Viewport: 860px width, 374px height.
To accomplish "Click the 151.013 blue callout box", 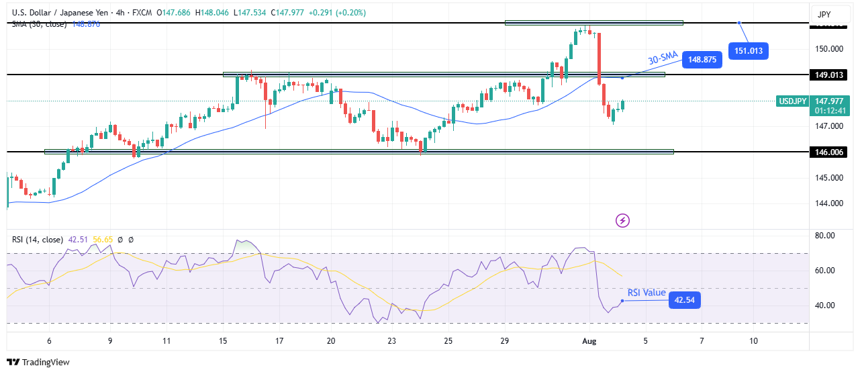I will pos(748,50).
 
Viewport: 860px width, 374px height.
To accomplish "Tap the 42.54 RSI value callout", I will pos(685,300).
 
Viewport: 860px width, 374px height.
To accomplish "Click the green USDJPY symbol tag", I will pos(792,101).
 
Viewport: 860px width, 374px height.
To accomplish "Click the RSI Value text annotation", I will pos(647,293).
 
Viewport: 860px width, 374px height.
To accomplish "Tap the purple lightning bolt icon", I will pos(622,220).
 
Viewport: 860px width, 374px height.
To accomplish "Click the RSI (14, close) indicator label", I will pos(38,240).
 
